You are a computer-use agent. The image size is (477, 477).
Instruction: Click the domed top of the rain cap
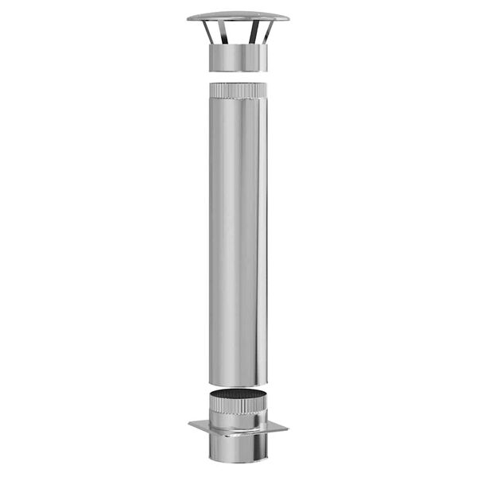pyautogui.click(x=238, y=14)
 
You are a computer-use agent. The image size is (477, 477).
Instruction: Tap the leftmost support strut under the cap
pyautogui.click(x=207, y=32)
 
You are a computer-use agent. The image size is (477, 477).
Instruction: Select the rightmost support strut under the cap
pyautogui.click(x=268, y=32)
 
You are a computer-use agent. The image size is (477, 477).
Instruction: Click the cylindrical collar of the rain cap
pyautogui.click(x=238, y=57)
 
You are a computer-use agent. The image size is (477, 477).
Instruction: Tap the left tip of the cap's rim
pyautogui.click(x=189, y=18)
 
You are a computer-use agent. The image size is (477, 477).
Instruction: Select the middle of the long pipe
pyautogui.click(x=238, y=238)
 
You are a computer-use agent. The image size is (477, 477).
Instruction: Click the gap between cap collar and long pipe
pyautogui.click(x=238, y=76)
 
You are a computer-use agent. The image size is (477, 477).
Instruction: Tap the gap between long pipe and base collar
pyautogui.click(x=238, y=388)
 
